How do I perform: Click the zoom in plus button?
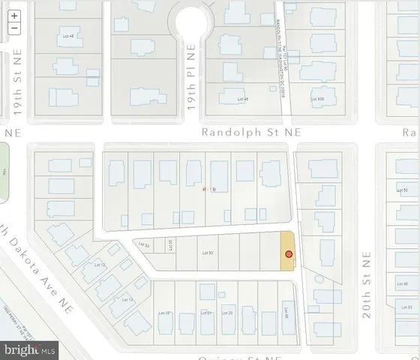(x=14, y=15)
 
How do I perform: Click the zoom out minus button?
(x=14, y=28)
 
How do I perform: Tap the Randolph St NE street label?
(x=251, y=132)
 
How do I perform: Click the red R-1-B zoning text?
(x=209, y=190)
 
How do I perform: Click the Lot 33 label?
(x=147, y=244)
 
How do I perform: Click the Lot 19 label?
(x=168, y=313)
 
